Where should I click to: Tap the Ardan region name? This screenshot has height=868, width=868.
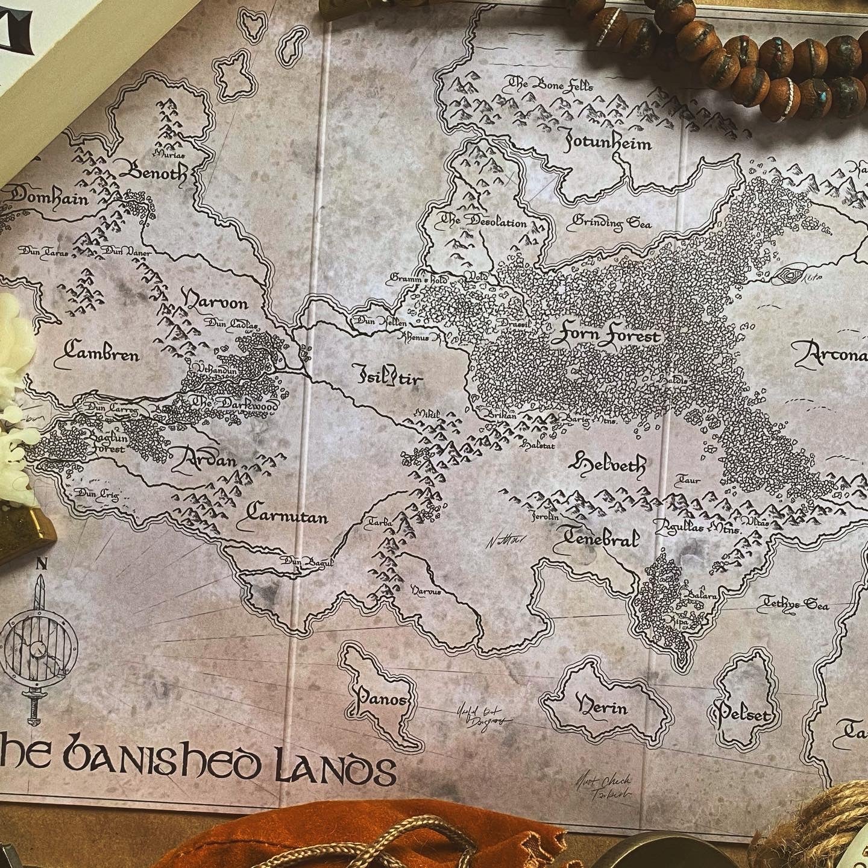coord(203,460)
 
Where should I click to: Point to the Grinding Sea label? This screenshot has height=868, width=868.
coord(612,222)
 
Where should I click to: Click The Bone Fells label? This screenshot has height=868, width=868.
coord(551,85)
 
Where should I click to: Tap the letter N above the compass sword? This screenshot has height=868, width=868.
coord(42,565)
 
